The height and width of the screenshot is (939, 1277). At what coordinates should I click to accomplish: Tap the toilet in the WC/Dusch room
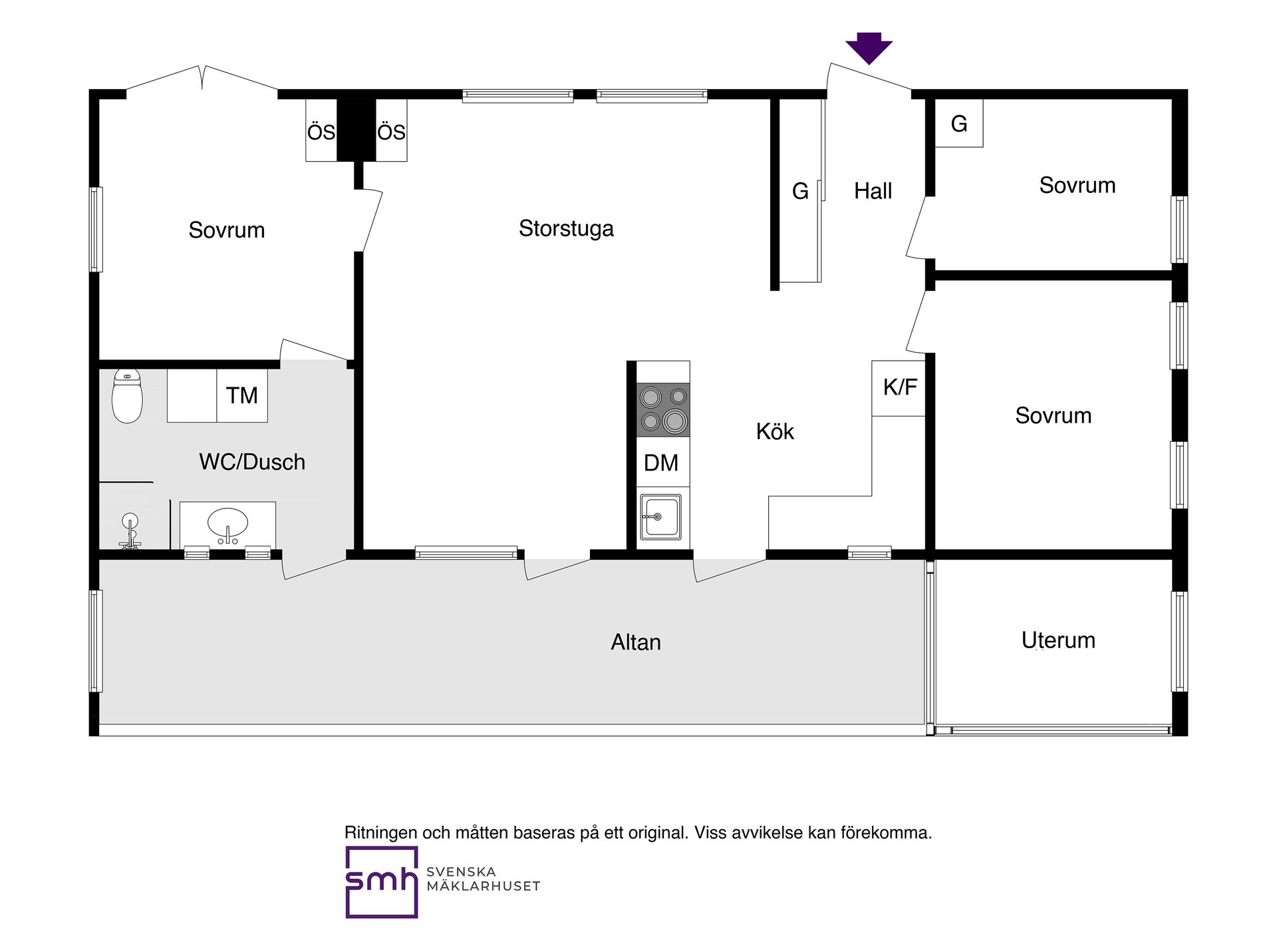coord(127,395)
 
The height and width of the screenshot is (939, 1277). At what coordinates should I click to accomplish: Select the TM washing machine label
coord(241,395)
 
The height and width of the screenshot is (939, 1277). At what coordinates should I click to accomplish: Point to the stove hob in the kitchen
coord(663,409)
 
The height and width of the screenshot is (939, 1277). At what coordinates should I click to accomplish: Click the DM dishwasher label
coord(661,463)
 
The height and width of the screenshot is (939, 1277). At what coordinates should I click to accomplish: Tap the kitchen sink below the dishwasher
coord(660,516)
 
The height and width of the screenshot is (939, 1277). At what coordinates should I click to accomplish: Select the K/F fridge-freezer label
coord(900,387)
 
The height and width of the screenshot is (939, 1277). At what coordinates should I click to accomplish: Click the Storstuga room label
coord(566,228)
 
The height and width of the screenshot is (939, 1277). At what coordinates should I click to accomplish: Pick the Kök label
coord(775,431)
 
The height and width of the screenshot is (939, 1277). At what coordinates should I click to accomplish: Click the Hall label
coord(873,191)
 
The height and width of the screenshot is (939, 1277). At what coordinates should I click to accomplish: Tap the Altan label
coord(636,642)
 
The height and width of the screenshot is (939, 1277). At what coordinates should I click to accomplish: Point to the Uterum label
coord(1058,640)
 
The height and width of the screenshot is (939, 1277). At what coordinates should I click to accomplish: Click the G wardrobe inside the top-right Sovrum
coord(959,123)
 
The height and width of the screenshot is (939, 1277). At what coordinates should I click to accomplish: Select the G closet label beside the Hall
coord(800,192)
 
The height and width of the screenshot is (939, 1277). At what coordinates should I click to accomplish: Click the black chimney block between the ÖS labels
coord(356,130)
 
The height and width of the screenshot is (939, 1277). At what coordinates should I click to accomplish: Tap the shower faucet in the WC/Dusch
coord(130,531)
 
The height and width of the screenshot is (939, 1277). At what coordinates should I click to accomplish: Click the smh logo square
coord(382,882)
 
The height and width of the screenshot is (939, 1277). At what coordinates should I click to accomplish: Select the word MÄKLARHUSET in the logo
coord(484,886)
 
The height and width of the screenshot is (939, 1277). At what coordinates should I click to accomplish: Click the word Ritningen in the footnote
coord(381,833)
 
